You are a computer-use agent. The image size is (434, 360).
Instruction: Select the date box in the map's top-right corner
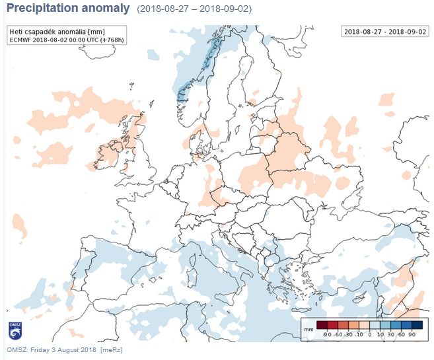384,32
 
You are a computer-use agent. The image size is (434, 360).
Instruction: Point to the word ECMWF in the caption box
22,40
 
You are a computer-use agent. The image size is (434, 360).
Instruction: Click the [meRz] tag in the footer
111,349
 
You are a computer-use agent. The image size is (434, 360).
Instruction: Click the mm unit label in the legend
308,328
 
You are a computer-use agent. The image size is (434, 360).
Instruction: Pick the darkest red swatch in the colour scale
322,324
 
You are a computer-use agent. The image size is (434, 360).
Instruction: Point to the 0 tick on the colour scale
371,335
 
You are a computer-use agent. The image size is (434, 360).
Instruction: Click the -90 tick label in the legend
326,335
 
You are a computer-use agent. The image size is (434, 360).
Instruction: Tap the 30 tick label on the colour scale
392,335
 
